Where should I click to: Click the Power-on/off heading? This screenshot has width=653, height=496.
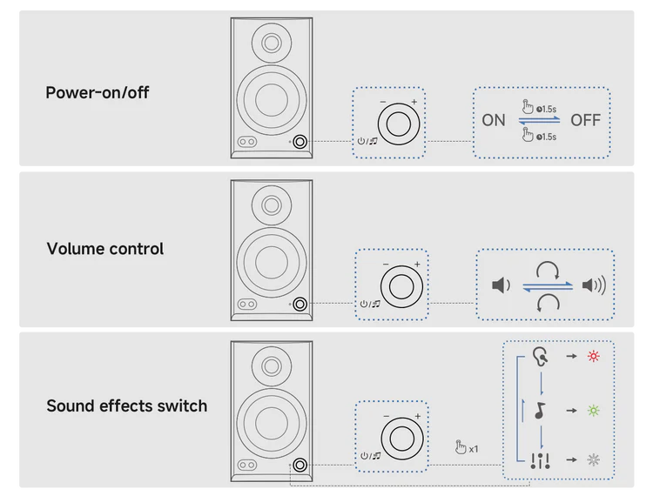click(x=97, y=92)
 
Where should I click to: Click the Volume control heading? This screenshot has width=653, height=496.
click(x=105, y=248)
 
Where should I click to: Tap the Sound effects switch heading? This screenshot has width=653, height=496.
click(x=126, y=406)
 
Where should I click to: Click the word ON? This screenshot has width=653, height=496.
click(x=494, y=120)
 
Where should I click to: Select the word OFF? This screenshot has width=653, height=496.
click(x=586, y=120)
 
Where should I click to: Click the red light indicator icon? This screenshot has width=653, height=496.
click(x=594, y=356)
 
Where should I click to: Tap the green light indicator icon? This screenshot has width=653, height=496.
click(x=594, y=411)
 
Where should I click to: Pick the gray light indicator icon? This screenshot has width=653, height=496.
click(x=594, y=459)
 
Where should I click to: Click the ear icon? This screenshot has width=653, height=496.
click(x=540, y=357)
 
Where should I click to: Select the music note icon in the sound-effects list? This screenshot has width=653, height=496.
click(x=540, y=411)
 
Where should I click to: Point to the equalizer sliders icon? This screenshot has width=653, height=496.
click(x=540, y=460)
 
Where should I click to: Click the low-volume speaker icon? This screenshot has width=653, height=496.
click(x=501, y=285)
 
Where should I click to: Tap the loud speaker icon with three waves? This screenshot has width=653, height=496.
click(x=594, y=285)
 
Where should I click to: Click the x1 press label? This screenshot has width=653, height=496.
click(x=474, y=449)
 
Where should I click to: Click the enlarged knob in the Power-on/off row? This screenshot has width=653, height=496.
click(x=398, y=124)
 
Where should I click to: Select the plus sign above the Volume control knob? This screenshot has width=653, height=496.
click(x=417, y=264)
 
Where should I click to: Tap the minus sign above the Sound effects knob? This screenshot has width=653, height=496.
click(x=386, y=416)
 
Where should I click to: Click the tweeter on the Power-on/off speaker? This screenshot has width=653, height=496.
click(x=272, y=43)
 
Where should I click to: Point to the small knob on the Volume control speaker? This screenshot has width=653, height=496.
click(x=300, y=305)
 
